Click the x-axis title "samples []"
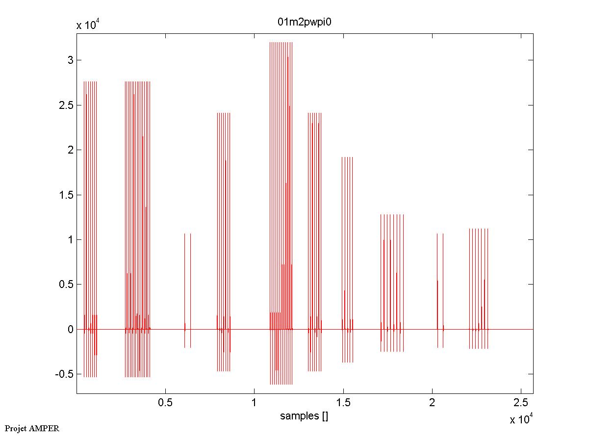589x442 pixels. pos(304,416)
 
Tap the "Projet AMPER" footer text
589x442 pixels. pos(32,428)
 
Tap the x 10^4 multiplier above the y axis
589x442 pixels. pos(88,26)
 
